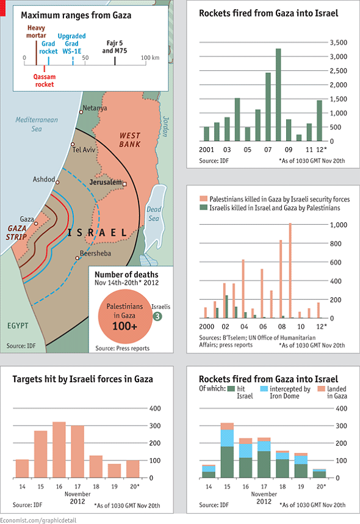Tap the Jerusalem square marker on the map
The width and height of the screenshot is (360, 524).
pos(124,183)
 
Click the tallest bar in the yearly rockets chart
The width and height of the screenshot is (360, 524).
pos(278,95)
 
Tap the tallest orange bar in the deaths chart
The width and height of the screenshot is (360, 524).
pos(290,271)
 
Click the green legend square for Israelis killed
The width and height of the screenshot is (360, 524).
pos(203,208)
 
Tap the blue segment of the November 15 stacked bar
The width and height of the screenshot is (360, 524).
pos(227,438)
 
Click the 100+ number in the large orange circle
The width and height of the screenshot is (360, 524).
pos(124,326)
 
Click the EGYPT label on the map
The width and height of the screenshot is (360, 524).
pos(18,326)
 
